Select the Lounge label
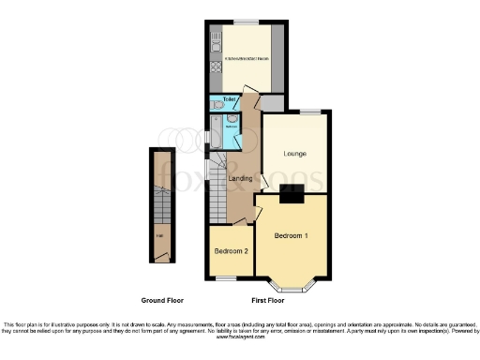click(293, 153)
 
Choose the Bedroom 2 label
click(230, 251)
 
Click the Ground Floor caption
click(162, 301)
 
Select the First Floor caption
click(270, 301)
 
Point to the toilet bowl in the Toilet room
click(217, 108)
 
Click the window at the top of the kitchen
click(247, 21)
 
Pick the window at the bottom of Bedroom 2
click(226, 277)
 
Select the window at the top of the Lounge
click(306, 112)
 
